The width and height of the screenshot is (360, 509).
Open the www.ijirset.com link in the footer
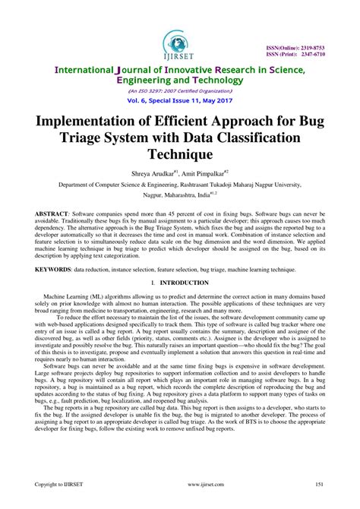pos(179,483)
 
